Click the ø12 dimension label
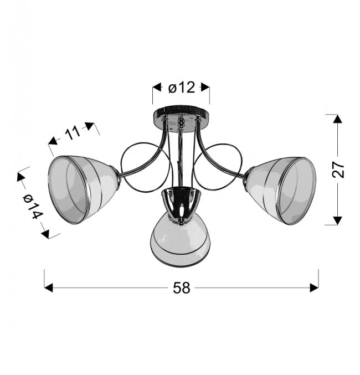coord(182,88)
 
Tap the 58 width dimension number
coord(182,287)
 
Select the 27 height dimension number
coord(338,170)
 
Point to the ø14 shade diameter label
coord(33,206)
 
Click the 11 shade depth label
coord(73,133)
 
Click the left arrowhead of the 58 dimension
coord(49,287)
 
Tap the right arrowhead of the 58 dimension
coord(314,287)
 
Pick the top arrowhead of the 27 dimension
coord(337,119)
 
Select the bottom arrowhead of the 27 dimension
coord(337,220)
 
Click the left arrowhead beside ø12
coord(157,88)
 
